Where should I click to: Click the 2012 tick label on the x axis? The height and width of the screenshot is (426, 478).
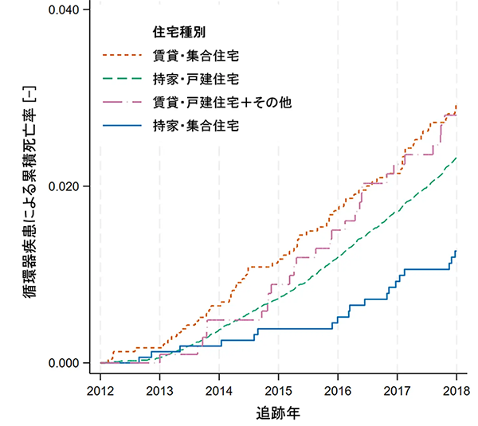pos(100,390)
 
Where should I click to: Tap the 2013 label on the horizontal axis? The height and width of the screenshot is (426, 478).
pos(159,390)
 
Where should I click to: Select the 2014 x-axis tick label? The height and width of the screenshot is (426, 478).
pos(218,390)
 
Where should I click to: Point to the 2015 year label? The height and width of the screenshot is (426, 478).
pos(278,390)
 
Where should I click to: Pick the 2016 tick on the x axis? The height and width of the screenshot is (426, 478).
pos(338,390)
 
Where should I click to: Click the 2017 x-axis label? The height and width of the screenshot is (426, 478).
pos(397,390)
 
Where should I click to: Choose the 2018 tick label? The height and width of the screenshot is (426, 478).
pos(456,390)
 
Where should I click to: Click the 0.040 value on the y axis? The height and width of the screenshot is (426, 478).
pos(65,10)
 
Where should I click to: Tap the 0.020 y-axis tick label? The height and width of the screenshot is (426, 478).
pos(65,186)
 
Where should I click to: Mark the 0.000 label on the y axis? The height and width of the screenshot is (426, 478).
pos(65,363)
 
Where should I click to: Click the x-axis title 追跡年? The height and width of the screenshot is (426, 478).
pos(278,413)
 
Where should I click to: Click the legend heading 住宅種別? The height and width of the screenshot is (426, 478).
pos(174,33)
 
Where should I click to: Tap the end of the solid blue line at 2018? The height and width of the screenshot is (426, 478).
pos(456,252)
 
